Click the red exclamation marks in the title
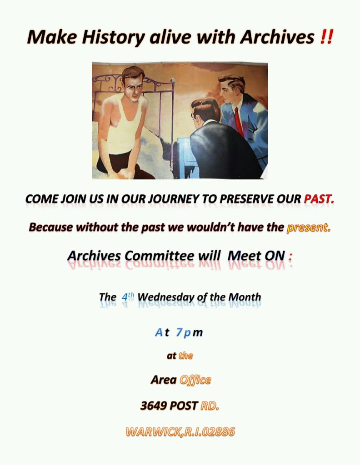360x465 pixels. click(327, 37)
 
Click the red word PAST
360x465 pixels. click(319, 199)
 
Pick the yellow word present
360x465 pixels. click(308, 228)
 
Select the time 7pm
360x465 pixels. click(189, 332)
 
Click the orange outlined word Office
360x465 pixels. click(195, 380)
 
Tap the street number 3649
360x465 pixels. click(155, 406)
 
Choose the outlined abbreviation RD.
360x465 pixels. click(210, 406)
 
